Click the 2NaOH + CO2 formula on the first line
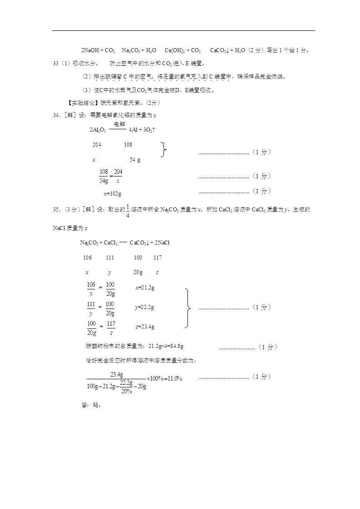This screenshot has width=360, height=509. [x=98, y=50]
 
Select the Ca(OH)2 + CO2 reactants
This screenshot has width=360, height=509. [x=182, y=50]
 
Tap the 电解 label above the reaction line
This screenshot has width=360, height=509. [x=119, y=124]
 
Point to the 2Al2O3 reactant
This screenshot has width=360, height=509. [x=98, y=130]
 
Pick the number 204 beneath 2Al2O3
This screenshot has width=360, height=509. [x=97, y=145]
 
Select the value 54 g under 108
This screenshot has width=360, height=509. [x=135, y=160]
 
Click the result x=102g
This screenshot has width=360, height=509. [x=112, y=194]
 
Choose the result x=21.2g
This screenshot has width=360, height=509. [x=145, y=288]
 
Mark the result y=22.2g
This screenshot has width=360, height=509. [x=144, y=307]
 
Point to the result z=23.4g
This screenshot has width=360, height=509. [x=145, y=327]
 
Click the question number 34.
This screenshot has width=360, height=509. [x=56, y=115]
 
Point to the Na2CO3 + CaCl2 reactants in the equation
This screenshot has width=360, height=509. [x=99, y=243]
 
